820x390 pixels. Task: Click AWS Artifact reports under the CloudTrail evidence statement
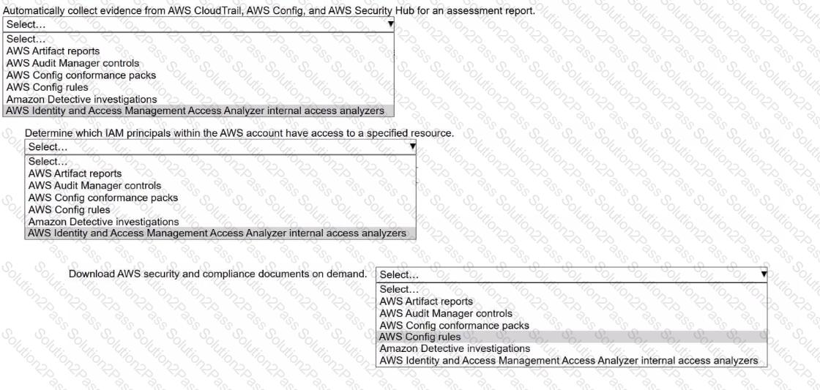tap(53, 51)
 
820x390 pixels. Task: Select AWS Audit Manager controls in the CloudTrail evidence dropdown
tap(72, 63)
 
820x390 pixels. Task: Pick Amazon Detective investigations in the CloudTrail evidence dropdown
tap(81, 99)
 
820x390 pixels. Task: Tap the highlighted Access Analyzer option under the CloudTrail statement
tap(195, 110)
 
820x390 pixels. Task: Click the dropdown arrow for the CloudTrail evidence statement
tap(391, 24)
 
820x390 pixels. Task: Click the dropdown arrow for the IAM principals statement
tap(413, 147)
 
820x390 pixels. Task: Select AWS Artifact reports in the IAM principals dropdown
tap(75, 173)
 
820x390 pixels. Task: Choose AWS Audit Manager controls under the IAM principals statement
tap(94, 186)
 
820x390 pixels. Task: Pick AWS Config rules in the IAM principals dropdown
tap(69, 209)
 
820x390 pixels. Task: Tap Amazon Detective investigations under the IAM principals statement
tap(103, 221)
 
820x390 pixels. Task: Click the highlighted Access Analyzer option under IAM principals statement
tap(217, 233)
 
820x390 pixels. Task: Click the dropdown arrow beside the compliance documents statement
tap(764, 274)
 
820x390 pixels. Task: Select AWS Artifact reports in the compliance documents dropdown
tap(426, 301)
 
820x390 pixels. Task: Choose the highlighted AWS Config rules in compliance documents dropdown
tap(420, 337)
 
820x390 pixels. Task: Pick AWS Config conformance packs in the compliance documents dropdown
tap(454, 325)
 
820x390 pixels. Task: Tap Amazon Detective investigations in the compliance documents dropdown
tap(455, 348)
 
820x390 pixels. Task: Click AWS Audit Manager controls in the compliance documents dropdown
tap(446, 313)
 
